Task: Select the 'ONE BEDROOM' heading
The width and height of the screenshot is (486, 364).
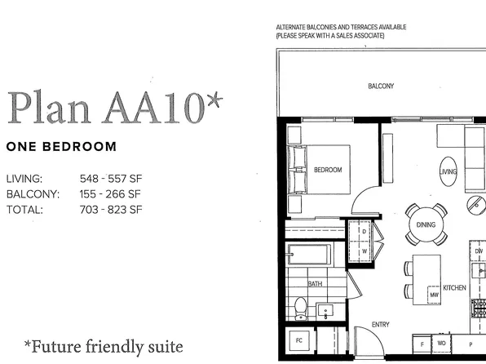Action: coord(60,147)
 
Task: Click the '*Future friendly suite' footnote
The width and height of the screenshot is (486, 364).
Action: coord(103,346)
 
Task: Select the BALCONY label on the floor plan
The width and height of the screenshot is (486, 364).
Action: coord(381,86)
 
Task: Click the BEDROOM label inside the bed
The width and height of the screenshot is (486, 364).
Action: coord(328,170)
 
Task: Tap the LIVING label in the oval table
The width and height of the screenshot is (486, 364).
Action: coord(448,171)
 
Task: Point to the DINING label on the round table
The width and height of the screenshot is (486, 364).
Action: coord(426,225)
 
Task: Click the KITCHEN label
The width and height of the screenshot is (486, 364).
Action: coord(454,287)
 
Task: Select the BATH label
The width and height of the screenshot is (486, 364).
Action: coord(315,283)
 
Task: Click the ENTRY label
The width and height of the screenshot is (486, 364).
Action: coord(381,325)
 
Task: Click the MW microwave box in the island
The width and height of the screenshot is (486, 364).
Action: coord(435,295)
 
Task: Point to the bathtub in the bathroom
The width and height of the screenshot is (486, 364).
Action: coord(308,255)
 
